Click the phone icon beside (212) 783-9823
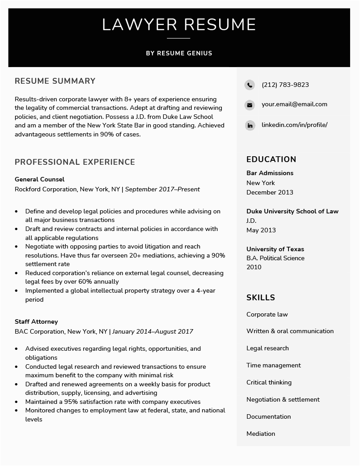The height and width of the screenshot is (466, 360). (x=249, y=85)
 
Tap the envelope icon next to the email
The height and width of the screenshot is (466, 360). (x=249, y=105)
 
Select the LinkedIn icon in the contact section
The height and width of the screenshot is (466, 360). (x=249, y=125)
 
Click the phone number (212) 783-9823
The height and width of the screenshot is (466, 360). (x=285, y=85)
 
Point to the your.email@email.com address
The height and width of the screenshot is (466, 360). (x=294, y=104)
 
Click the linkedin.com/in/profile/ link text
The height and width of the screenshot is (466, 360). (x=294, y=125)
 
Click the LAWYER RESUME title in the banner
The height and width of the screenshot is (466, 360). (x=179, y=24)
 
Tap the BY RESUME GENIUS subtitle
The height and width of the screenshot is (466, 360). (x=179, y=53)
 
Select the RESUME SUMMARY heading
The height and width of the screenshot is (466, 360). (x=55, y=81)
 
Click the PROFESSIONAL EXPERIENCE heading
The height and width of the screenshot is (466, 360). (x=75, y=162)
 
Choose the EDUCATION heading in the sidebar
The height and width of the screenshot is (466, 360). (x=271, y=159)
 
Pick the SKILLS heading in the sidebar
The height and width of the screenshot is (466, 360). (x=261, y=297)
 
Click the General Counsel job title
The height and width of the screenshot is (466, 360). (x=40, y=179)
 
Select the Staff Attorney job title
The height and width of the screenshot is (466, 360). (x=36, y=321)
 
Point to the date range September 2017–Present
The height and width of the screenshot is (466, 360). (x=162, y=189)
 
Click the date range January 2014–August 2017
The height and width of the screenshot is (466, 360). (x=153, y=331)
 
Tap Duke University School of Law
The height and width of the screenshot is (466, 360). (x=292, y=211)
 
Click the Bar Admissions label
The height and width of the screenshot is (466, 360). (x=270, y=173)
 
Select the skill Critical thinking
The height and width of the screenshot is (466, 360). (x=269, y=382)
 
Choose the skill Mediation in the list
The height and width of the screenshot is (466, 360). (x=261, y=434)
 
